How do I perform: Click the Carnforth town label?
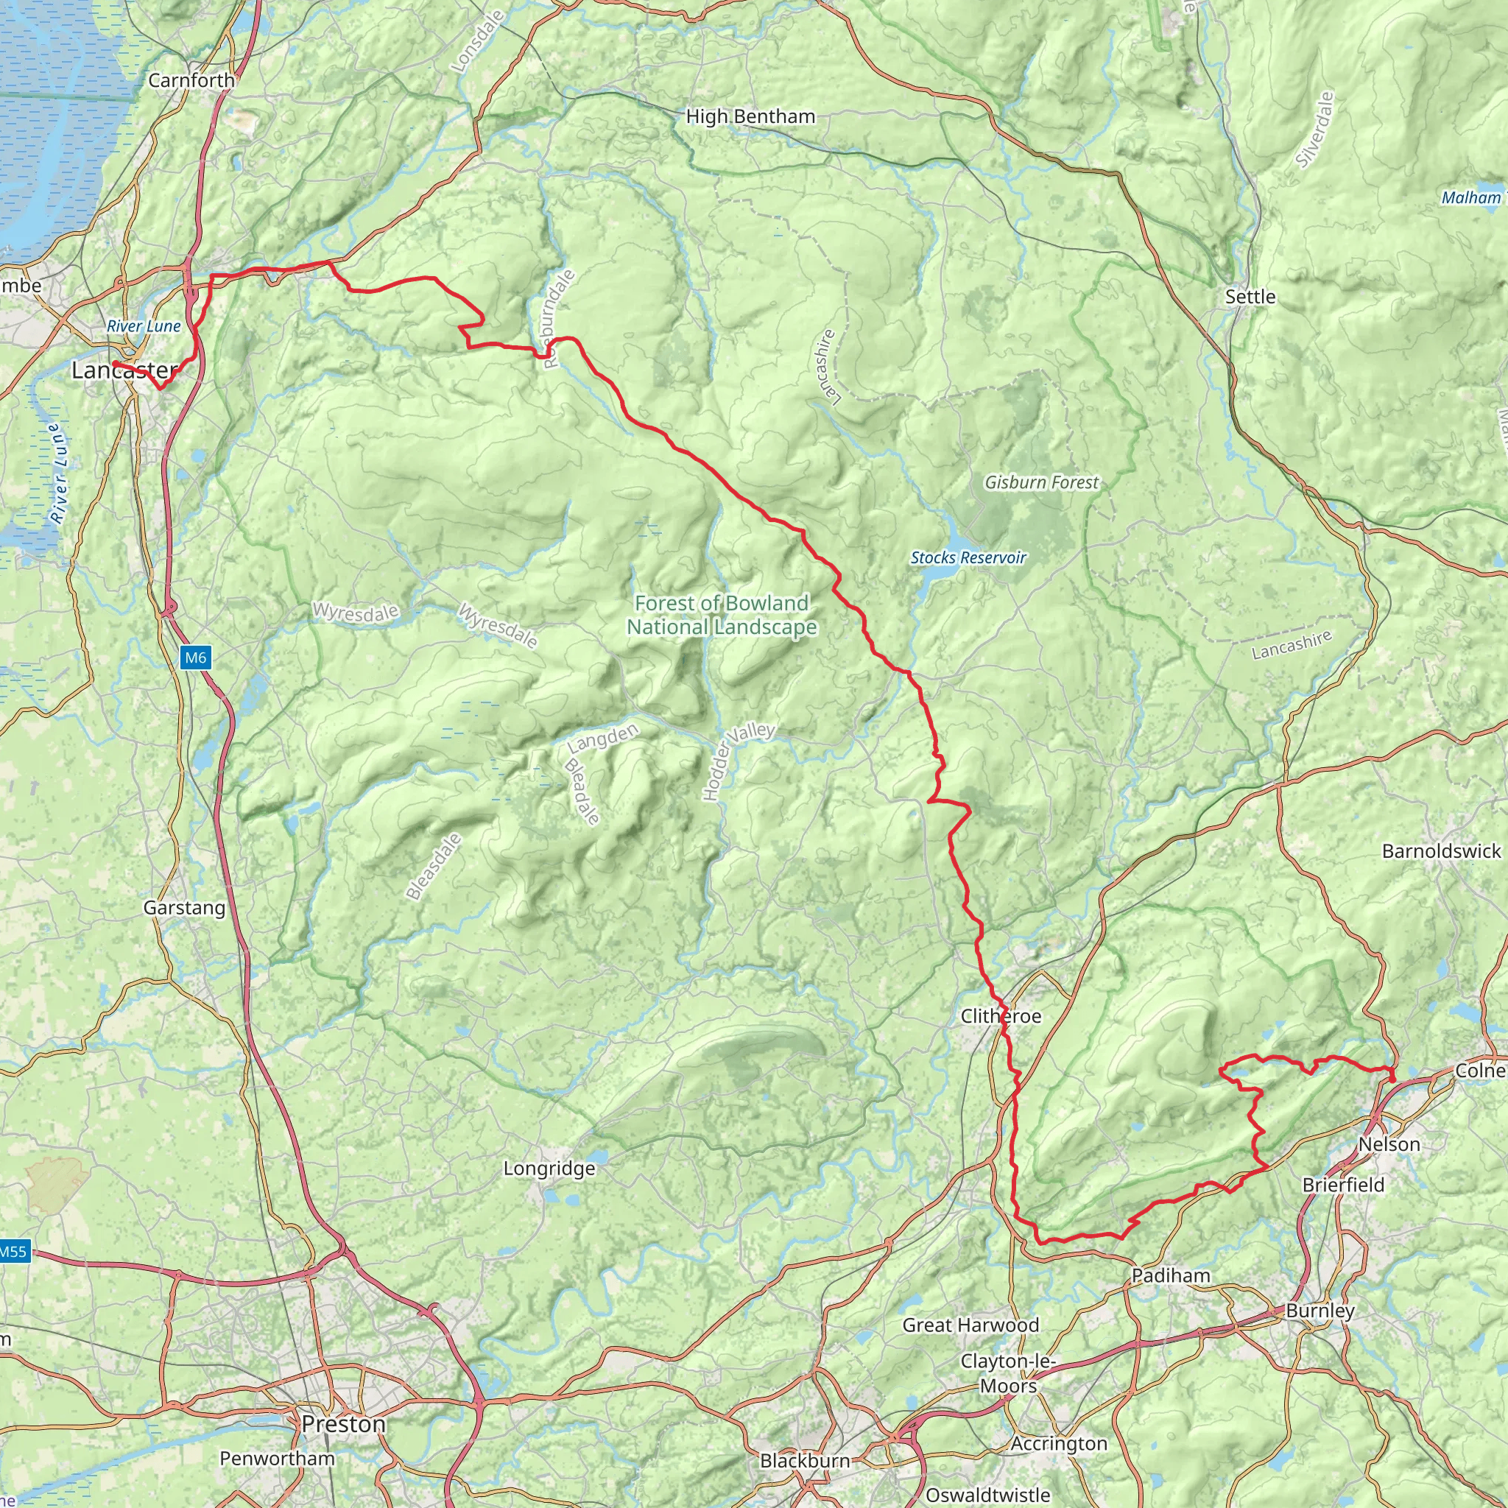(191, 80)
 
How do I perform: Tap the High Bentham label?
(750, 117)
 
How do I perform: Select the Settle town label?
(1250, 297)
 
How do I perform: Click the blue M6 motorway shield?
(195, 658)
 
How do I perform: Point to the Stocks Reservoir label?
(968, 557)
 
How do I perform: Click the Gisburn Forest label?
(1041, 482)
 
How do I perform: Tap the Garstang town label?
(184, 908)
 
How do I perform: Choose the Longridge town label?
(549, 1169)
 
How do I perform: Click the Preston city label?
(343, 1425)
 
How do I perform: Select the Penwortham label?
(277, 1458)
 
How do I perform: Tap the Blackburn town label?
(805, 1460)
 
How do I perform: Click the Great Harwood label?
(970, 1325)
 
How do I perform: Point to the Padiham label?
(1171, 1275)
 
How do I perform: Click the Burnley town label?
(1320, 1311)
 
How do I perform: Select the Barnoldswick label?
(1441, 850)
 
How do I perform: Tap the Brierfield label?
(1343, 1185)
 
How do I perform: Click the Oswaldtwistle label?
(987, 1495)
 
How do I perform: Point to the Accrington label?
(1058, 1444)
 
